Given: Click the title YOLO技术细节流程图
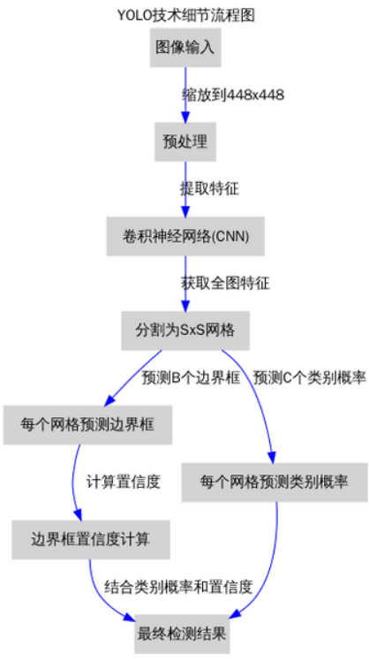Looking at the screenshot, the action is pos(185,16).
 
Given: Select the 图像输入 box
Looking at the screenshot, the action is pos(185,47).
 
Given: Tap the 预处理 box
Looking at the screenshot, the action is pos(185,141).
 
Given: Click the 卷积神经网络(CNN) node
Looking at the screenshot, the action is pos(185,236).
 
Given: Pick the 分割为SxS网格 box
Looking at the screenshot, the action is pos(185,330).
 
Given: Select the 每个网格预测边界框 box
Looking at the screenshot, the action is pos(87,425).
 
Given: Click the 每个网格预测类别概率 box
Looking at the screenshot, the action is pos(275,482).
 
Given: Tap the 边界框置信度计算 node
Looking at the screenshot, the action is pos(91,540).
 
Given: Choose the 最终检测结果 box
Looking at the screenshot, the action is pos(182,634).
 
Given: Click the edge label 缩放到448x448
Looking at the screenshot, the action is pos(233,95).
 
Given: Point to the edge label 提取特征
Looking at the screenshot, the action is pos(210,189).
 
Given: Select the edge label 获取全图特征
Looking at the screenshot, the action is pos(225,284).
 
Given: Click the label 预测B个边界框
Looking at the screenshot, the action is pos(191,378).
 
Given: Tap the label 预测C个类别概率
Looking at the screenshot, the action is pos(309,378).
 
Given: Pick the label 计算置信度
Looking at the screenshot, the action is pos(124,482).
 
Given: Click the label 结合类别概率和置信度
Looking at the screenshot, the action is pos(178,587).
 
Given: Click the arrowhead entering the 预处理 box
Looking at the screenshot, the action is pos(185,117).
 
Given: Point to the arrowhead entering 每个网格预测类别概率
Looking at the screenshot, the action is pos(272,458).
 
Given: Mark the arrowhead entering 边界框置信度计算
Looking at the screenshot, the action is pos(77,514).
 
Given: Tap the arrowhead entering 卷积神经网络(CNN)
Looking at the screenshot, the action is pos(185,211).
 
